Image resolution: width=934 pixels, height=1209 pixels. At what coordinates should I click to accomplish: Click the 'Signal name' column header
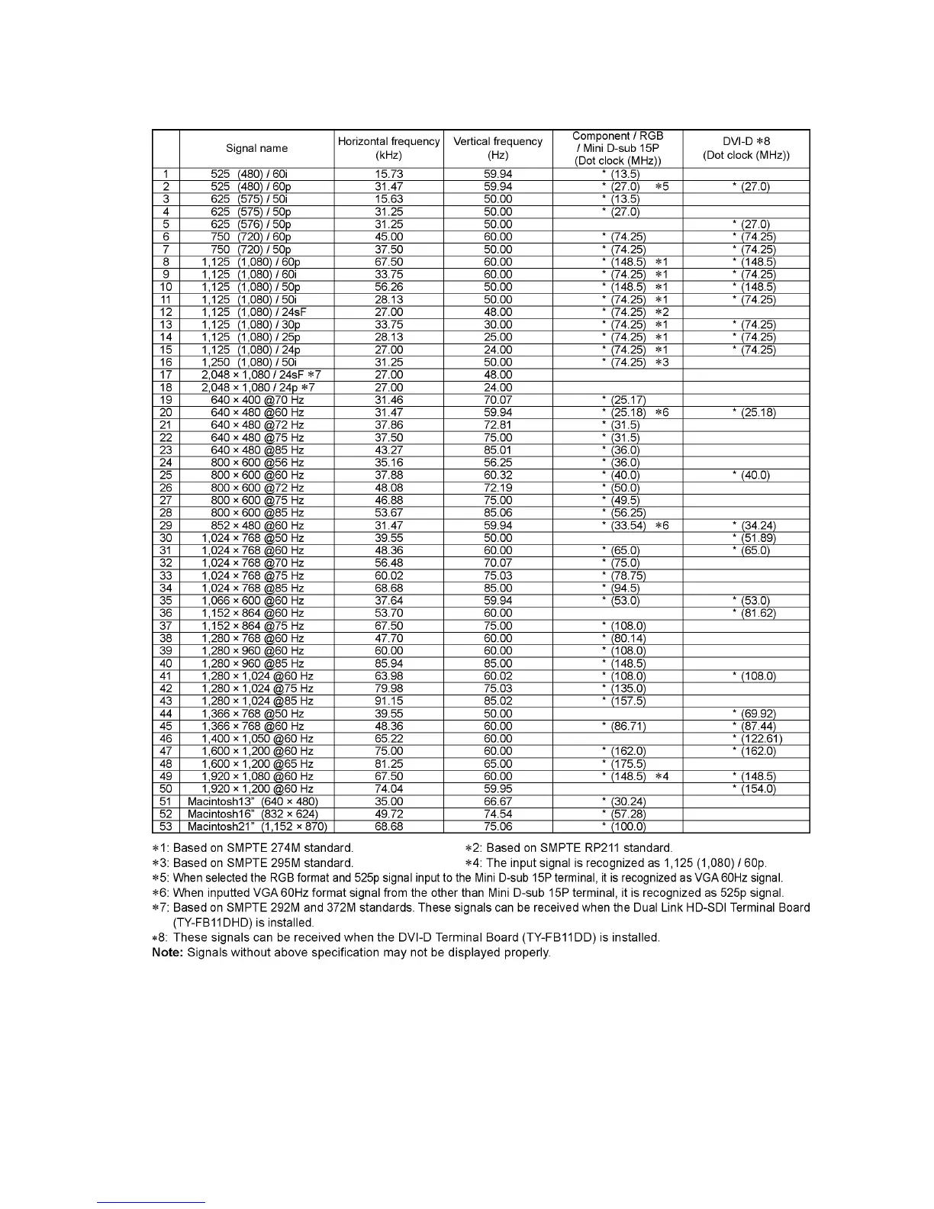(x=256, y=148)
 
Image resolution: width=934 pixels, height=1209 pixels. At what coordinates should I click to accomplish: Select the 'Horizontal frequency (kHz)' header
(x=388, y=148)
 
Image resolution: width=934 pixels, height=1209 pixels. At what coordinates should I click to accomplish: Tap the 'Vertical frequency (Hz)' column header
(x=498, y=148)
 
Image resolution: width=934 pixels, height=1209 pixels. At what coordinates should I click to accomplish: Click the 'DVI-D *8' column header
(x=746, y=148)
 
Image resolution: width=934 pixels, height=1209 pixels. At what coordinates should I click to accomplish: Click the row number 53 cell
(x=166, y=827)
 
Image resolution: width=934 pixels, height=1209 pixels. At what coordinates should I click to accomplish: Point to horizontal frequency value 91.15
(x=388, y=701)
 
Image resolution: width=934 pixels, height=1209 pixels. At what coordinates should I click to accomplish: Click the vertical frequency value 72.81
(x=498, y=425)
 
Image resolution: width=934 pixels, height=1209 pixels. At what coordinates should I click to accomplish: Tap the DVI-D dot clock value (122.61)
(x=756, y=739)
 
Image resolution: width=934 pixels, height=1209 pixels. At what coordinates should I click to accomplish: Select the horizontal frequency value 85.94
(x=388, y=663)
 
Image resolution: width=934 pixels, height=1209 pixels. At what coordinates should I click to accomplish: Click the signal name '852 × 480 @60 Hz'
(x=257, y=526)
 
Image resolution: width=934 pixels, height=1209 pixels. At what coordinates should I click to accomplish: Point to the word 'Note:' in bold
(x=168, y=953)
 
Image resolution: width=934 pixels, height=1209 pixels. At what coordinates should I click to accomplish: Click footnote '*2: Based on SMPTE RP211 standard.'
(x=568, y=848)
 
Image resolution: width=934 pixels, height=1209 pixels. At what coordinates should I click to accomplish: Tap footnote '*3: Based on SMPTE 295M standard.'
(x=253, y=863)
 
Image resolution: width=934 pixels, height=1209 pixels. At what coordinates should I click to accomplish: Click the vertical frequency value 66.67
(x=498, y=801)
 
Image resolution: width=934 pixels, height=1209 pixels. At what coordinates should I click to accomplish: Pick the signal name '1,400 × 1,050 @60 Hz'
(x=257, y=739)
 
